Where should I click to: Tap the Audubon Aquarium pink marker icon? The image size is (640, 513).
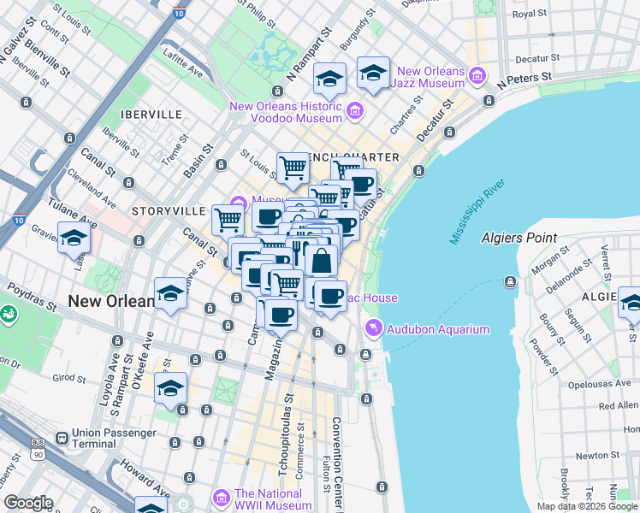(373, 328)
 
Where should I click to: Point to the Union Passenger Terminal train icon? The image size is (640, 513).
(62, 437)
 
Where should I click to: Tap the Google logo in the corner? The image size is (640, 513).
(28, 503)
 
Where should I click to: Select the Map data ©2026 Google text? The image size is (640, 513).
(587, 506)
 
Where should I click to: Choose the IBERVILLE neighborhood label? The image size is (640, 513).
(151, 114)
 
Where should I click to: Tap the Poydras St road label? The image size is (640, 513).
(34, 297)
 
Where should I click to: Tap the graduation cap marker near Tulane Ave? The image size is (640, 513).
(74, 237)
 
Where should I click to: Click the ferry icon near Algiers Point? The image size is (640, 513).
(511, 281)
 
